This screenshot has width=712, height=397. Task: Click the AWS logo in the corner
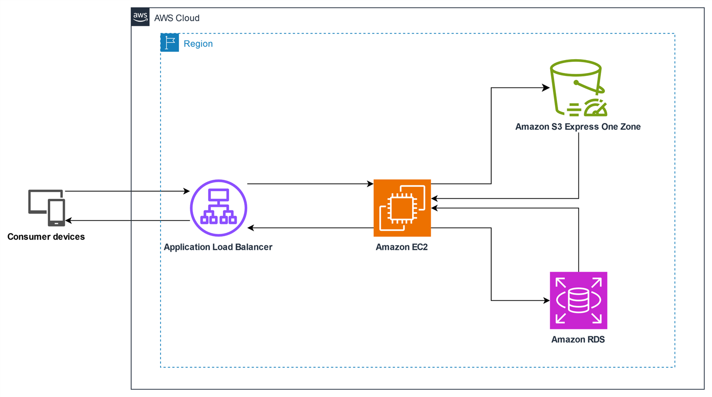pos(140,17)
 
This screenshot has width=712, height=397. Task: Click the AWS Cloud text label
pos(176,18)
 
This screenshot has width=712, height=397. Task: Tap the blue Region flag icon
pos(170,43)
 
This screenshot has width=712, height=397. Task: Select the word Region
pos(198,44)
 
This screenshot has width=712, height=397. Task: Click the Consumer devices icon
pos(47,208)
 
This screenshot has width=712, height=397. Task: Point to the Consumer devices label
pos(46,237)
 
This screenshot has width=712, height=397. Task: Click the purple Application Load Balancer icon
pos(218,208)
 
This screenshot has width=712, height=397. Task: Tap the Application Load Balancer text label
pos(218,247)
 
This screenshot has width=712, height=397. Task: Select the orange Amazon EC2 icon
pos(402,208)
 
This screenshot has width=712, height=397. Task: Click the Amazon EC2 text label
pos(402,247)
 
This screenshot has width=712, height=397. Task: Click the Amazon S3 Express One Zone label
pos(578,127)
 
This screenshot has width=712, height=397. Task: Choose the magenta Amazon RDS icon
pos(578,300)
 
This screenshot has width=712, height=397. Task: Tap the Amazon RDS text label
pos(578,340)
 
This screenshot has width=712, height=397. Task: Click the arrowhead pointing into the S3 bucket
pos(546,88)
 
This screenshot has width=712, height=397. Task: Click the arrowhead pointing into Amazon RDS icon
pos(546,300)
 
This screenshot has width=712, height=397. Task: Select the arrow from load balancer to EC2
pos(310,184)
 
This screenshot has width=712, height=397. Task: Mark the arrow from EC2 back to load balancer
pos(310,228)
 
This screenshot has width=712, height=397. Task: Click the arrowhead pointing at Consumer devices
pos(69,220)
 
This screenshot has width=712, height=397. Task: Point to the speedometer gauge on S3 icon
pos(595,109)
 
